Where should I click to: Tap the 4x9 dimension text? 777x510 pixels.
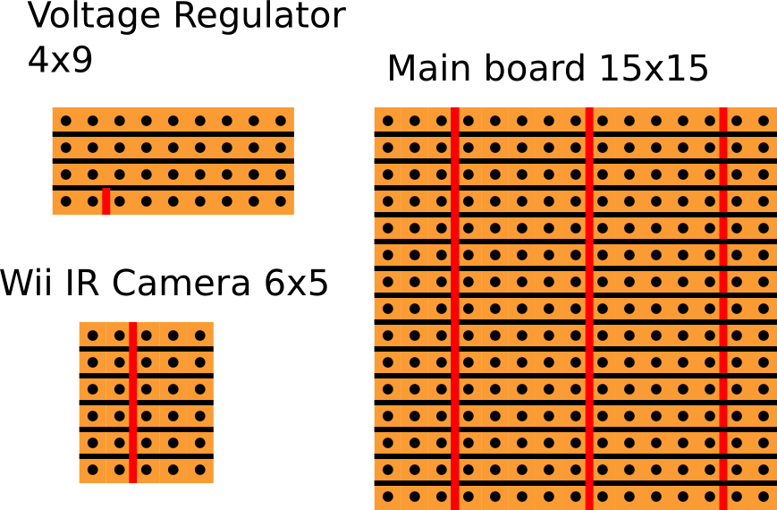pyautogui.click(x=60, y=60)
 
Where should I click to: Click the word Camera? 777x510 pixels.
pyautogui.click(x=182, y=284)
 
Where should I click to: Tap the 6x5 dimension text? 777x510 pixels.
pyautogui.click(x=296, y=284)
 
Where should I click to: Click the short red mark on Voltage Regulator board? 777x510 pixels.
pyautogui.click(x=106, y=201)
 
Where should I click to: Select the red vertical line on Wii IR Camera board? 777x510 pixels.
pyautogui.click(x=132, y=403)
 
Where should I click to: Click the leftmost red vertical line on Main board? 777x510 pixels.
pyautogui.click(x=455, y=309)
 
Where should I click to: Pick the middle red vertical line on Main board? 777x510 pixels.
pyautogui.click(x=589, y=309)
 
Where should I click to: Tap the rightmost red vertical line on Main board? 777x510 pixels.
pyautogui.click(x=722, y=309)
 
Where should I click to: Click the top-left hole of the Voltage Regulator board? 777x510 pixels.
pyautogui.click(x=65, y=121)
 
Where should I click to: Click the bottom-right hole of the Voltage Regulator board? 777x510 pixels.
pyautogui.click(x=280, y=201)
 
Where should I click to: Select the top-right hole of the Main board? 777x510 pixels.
pyautogui.click(x=763, y=121)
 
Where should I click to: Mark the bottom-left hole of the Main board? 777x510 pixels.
pyautogui.click(x=388, y=496)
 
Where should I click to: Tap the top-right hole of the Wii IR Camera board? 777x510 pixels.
pyautogui.click(x=199, y=336)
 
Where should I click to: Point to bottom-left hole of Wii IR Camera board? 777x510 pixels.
pyautogui.click(x=92, y=469)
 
